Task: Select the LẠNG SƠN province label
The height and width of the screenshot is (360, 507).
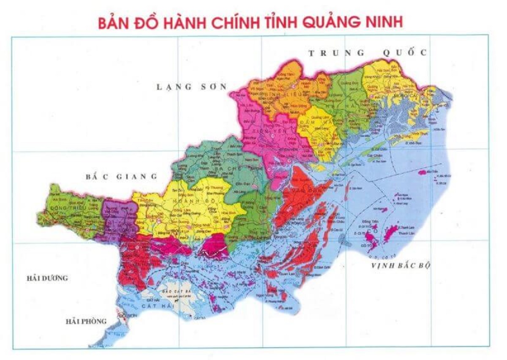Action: click(x=191, y=87)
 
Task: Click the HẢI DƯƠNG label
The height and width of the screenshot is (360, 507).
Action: click(x=47, y=278)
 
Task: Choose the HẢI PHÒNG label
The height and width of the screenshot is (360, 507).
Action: click(x=86, y=322)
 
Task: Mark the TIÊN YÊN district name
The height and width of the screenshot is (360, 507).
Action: click(x=264, y=131)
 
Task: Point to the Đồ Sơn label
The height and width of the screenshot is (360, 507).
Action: click(x=125, y=316)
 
